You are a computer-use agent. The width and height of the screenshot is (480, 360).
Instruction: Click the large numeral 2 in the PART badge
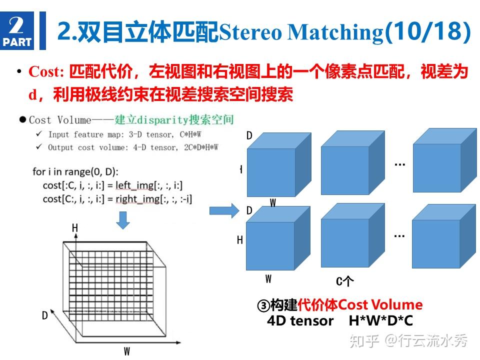[x=16, y=24]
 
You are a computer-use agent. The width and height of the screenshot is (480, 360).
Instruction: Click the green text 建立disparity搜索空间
[x=174, y=120]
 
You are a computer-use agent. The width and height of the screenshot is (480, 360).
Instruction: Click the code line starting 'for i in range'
[x=75, y=172]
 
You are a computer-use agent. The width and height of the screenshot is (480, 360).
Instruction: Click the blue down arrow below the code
[x=123, y=218]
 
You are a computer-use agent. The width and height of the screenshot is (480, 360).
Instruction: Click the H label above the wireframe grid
[x=75, y=228]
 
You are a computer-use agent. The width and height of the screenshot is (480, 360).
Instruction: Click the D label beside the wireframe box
[x=44, y=315]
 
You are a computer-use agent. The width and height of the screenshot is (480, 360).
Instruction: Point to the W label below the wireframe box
[x=127, y=351]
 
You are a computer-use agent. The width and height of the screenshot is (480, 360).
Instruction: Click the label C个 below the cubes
[x=344, y=281]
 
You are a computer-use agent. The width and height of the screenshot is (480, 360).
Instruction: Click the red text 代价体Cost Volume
[x=360, y=304]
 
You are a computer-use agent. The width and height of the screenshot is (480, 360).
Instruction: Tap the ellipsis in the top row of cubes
[x=399, y=163]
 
